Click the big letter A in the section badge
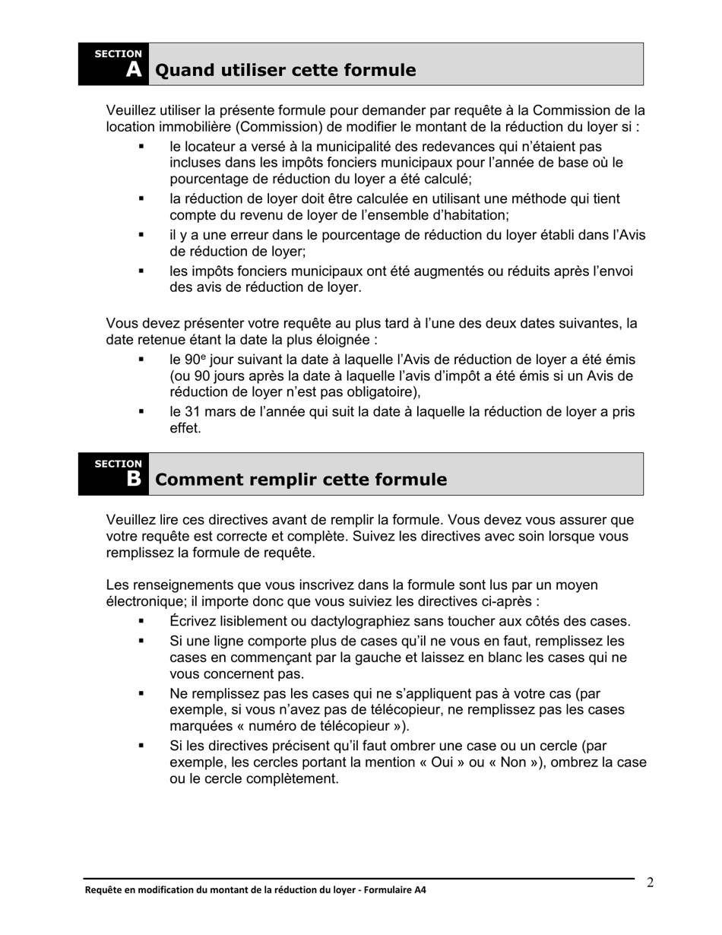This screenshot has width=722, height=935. click(133, 70)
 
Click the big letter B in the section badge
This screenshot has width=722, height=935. click(133, 479)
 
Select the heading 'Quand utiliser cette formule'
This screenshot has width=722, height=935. click(285, 71)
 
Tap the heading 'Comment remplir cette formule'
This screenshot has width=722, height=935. click(301, 480)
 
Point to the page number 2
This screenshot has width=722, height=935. click(651, 883)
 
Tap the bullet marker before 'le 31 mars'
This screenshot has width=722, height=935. click(141, 412)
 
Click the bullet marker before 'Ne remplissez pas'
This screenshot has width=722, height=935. click(141, 693)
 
